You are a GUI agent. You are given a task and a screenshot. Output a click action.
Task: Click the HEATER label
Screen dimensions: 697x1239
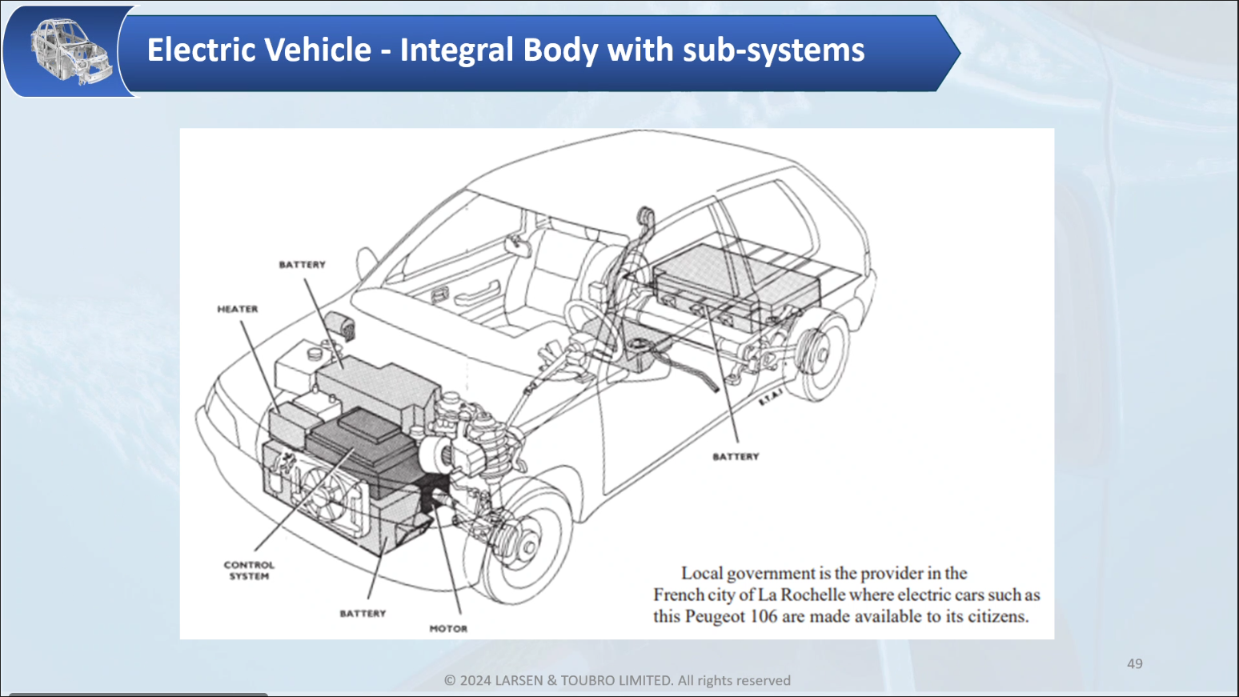coord(238,309)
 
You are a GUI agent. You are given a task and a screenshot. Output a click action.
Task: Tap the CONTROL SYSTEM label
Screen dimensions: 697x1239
coord(249,571)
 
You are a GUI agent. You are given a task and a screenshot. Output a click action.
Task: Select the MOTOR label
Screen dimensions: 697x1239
coord(448,629)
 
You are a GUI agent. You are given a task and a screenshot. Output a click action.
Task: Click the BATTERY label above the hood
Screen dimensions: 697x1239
coord(303,265)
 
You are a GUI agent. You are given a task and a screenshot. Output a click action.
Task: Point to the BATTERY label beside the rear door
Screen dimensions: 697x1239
coord(736,457)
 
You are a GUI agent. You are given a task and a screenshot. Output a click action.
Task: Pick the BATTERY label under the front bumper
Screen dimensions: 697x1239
coord(363,614)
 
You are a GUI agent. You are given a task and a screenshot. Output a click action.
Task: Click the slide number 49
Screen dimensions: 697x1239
coord(1134,663)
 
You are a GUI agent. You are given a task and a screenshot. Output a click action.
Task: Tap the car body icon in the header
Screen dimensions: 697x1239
coord(70,50)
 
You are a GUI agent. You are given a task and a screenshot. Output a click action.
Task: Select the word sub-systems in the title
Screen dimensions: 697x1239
coord(773,50)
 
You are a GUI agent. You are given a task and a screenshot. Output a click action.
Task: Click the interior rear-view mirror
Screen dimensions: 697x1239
coord(517,242)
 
